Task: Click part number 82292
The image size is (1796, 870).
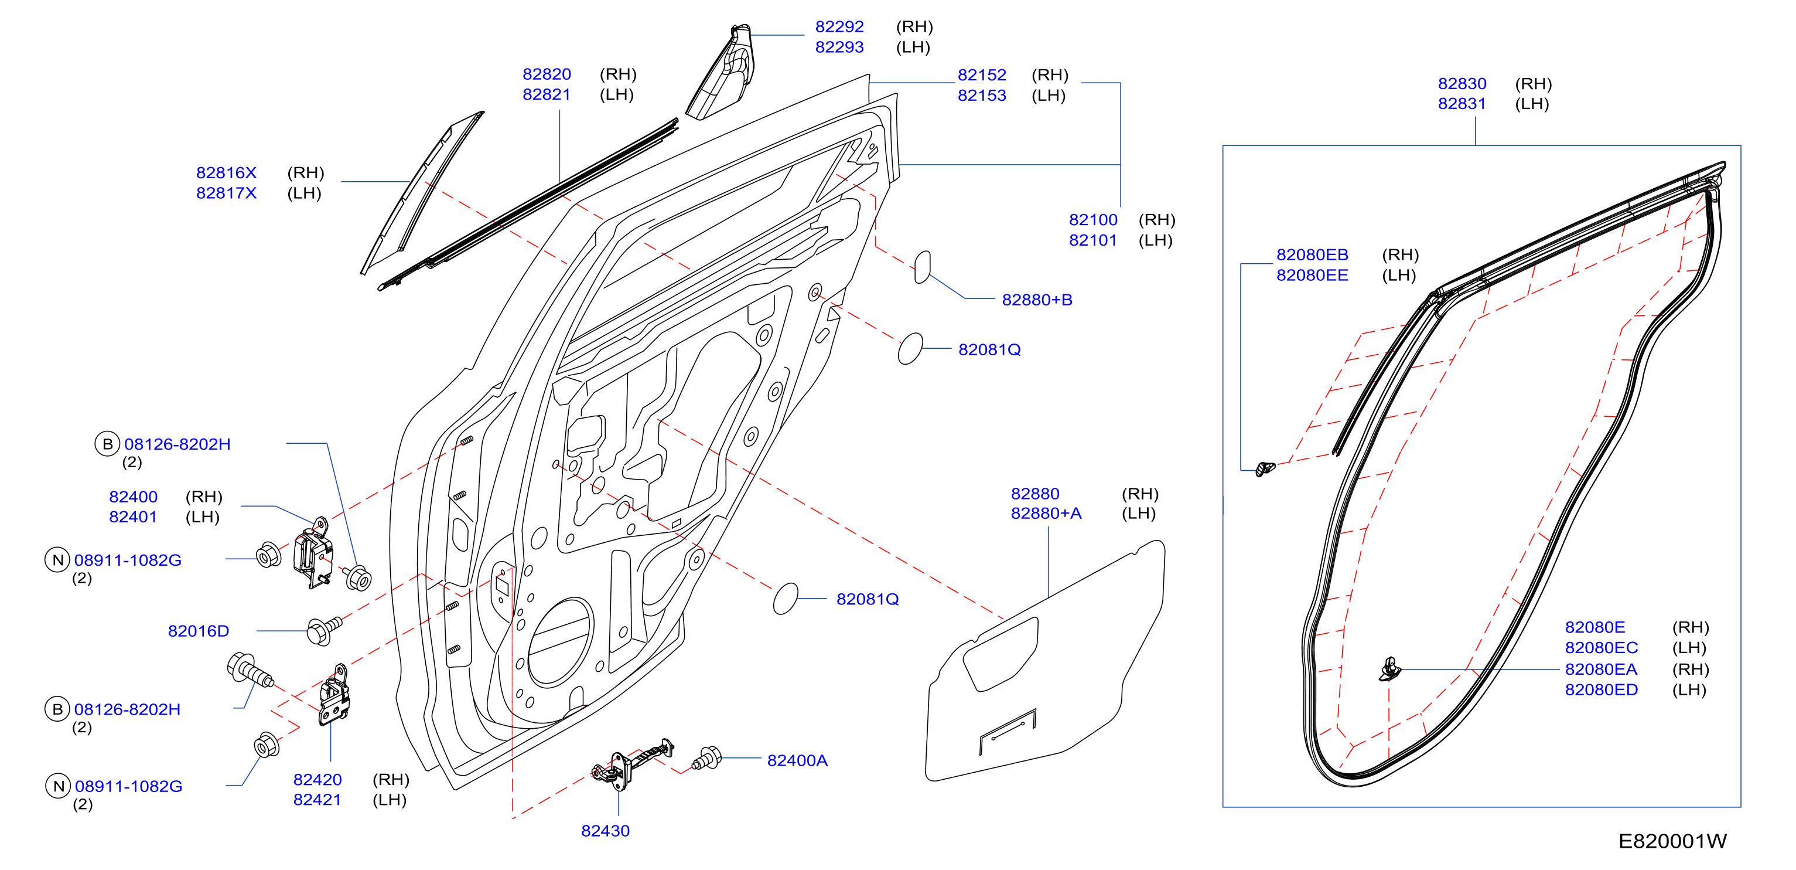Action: [839, 26]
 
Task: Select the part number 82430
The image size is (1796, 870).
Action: [605, 831]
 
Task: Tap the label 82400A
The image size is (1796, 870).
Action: [797, 760]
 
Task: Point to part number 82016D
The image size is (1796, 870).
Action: [199, 631]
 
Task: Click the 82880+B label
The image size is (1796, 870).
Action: [1037, 300]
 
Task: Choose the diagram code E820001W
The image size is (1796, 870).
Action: [1672, 841]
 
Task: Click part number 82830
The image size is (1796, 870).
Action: [1462, 84]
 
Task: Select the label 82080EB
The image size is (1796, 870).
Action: [1312, 256]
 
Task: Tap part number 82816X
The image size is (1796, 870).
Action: [227, 173]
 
